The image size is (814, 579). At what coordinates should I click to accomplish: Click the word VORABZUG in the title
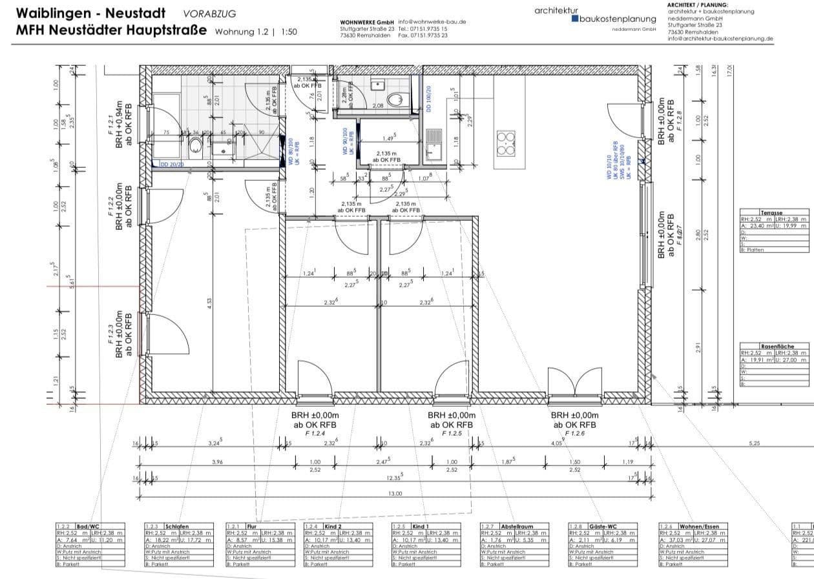209,13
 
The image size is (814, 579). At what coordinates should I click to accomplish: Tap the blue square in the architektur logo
576,19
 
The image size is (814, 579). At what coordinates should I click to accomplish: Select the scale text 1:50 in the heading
289,31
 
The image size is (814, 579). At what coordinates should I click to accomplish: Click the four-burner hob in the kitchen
505,143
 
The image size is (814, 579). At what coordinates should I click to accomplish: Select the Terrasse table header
771,212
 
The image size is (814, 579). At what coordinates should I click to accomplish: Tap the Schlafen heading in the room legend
176,527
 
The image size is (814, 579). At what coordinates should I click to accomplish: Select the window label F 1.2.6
574,434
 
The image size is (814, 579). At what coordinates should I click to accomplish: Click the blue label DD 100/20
428,99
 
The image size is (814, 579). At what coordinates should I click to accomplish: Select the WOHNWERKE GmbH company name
366,22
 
